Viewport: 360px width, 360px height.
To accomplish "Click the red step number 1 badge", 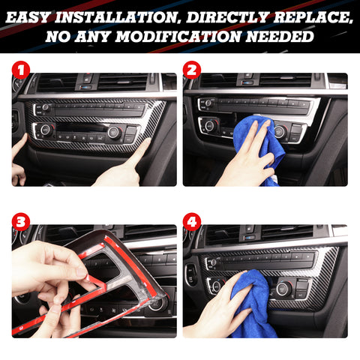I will pyautogui.click(x=20, y=71).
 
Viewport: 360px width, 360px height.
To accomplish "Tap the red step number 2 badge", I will pyautogui.click(x=191, y=71).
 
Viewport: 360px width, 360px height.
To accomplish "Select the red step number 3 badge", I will pyautogui.click(x=20, y=221).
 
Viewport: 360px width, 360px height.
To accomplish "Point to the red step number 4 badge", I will pyautogui.click(x=191, y=221).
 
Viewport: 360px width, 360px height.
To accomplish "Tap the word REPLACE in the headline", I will pyautogui.click(x=306, y=14).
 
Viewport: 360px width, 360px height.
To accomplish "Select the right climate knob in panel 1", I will pyautogui.click(x=114, y=133).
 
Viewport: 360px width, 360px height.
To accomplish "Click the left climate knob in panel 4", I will pyautogui.click(x=217, y=286).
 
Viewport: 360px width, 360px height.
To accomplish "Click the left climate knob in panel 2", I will pyautogui.click(x=210, y=125).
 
